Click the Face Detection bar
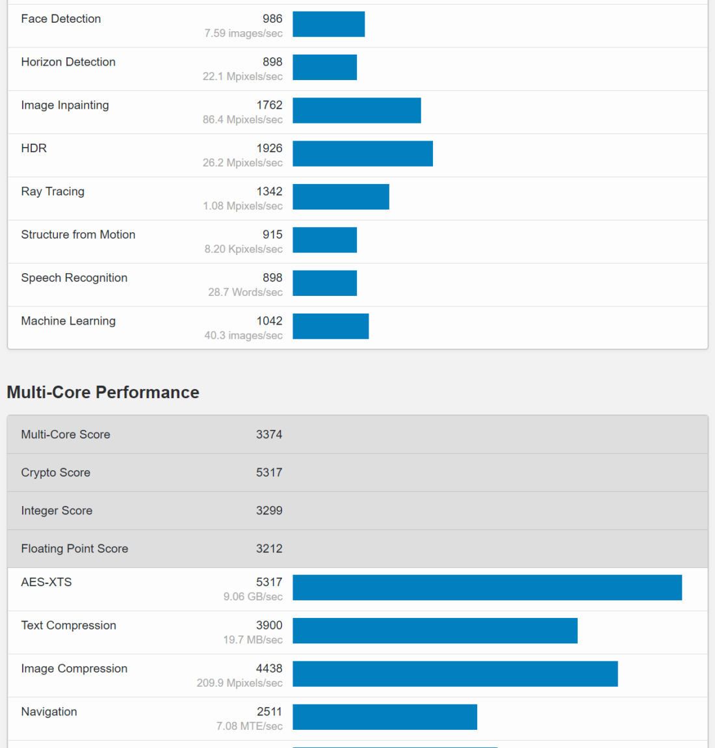pyautogui.click(x=328, y=24)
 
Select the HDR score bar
pyautogui.click(x=363, y=154)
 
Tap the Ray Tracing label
pyautogui.click(x=53, y=191)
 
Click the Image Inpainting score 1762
pyautogui.click(x=269, y=105)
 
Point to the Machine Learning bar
pyautogui.click(x=330, y=326)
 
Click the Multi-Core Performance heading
pyautogui.click(x=103, y=392)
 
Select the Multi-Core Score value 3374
pyautogui.click(x=269, y=434)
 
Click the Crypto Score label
pyautogui.click(x=55, y=473)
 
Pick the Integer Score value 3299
pyautogui.click(x=269, y=511)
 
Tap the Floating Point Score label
pyautogui.click(x=74, y=549)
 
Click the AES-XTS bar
pyautogui.click(x=487, y=587)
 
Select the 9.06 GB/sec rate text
pyautogui.click(x=253, y=596)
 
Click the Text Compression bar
pyautogui.click(x=435, y=630)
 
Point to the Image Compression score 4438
pyautogui.click(x=269, y=669)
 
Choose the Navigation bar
pyautogui.click(x=385, y=717)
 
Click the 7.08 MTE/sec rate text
pyautogui.click(x=250, y=726)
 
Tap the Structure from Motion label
pyautogui.click(x=78, y=235)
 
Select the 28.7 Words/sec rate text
pyautogui.click(x=245, y=292)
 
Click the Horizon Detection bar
pyautogui.click(x=324, y=67)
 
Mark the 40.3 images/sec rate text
pyautogui.click(x=243, y=336)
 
